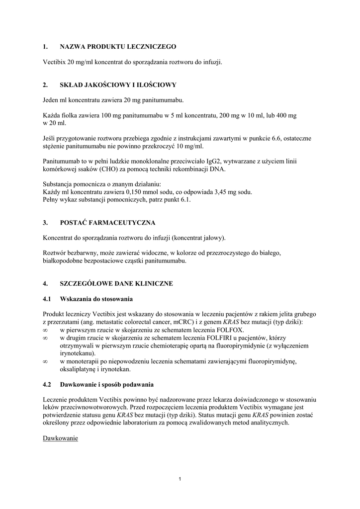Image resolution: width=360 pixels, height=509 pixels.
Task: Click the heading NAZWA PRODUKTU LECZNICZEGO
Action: (118, 47)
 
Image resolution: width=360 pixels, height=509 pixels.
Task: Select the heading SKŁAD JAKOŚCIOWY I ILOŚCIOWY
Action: (118, 85)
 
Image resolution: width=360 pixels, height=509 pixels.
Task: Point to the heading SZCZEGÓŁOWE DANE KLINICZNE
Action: (116, 283)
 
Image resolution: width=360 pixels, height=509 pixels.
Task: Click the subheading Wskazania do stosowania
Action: (96, 299)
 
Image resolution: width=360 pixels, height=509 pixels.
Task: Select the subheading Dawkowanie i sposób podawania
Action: (107, 385)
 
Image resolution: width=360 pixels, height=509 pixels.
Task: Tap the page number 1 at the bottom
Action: (180, 479)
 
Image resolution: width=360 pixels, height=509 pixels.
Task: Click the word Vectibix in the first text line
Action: (54, 62)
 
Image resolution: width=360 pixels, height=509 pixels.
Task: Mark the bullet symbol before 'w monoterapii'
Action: (45, 362)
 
